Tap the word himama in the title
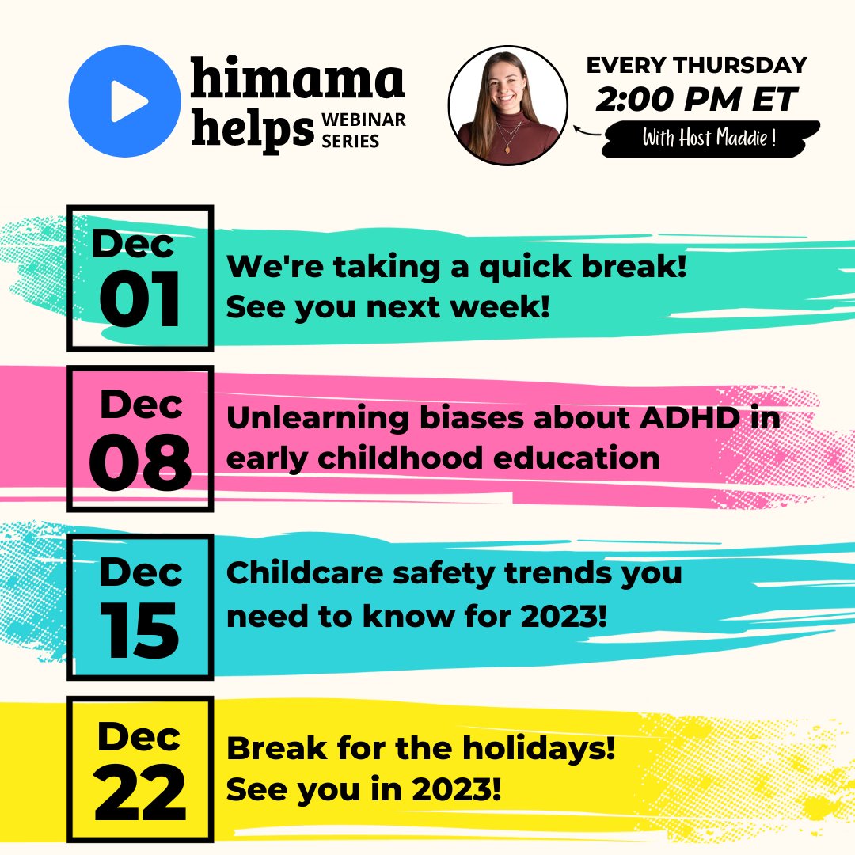pyautogui.click(x=298, y=82)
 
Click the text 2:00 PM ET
pyautogui.click(x=697, y=100)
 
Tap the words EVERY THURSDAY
pyautogui.click(x=697, y=65)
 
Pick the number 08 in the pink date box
pyautogui.click(x=140, y=463)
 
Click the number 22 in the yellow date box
pyautogui.click(x=140, y=794)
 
